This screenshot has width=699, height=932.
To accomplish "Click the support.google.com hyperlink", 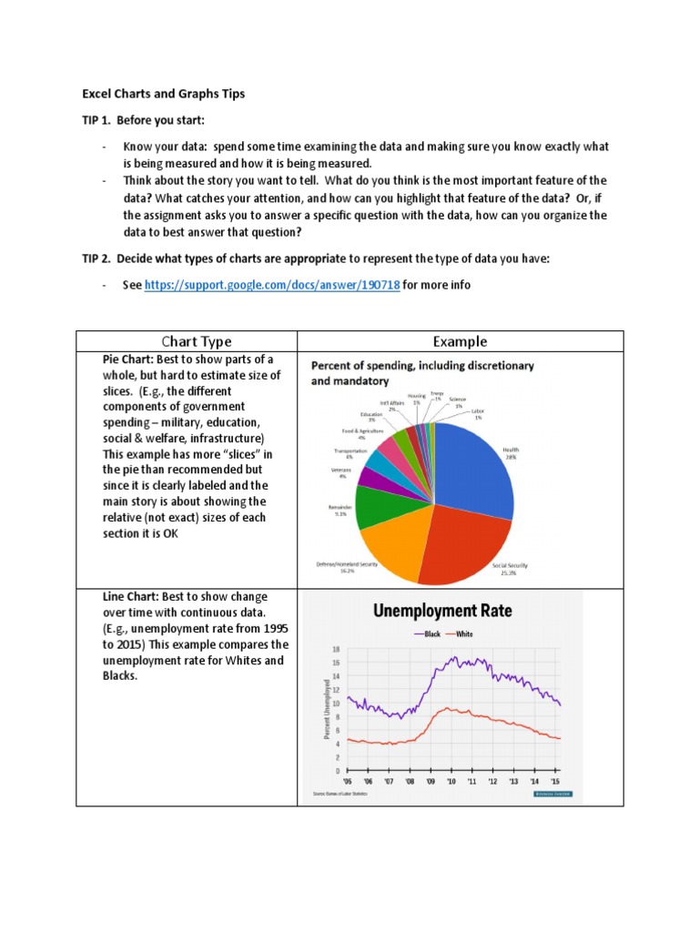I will [271, 285].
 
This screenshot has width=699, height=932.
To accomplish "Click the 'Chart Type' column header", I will [196, 341].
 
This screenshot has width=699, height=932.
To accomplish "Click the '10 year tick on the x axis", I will [451, 781].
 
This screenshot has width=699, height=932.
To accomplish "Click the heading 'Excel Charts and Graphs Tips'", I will [164, 94].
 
